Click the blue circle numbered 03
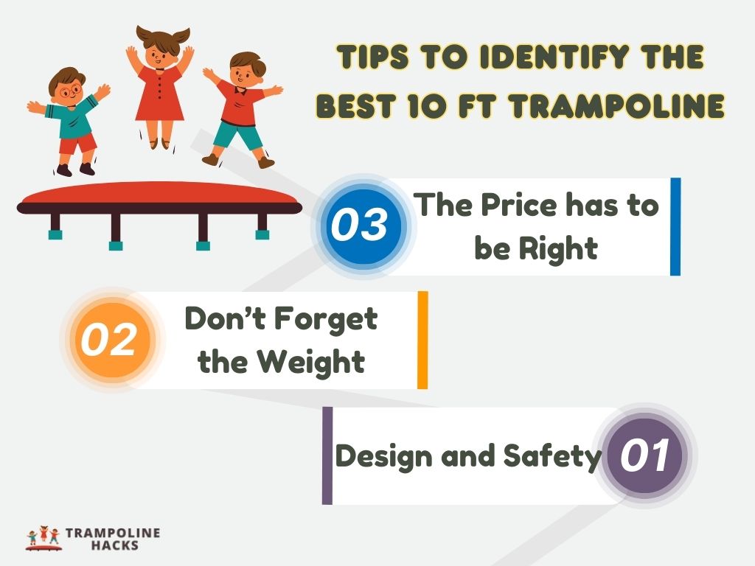tap(358, 226)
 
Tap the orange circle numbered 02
tap(109, 340)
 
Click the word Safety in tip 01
tap(552, 456)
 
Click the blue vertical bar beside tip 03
tap(675, 226)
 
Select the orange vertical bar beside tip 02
tap(422, 340)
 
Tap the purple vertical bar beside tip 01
tap(327, 455)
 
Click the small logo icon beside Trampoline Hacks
tap(43, 539)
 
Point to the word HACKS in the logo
tap(112, 546)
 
